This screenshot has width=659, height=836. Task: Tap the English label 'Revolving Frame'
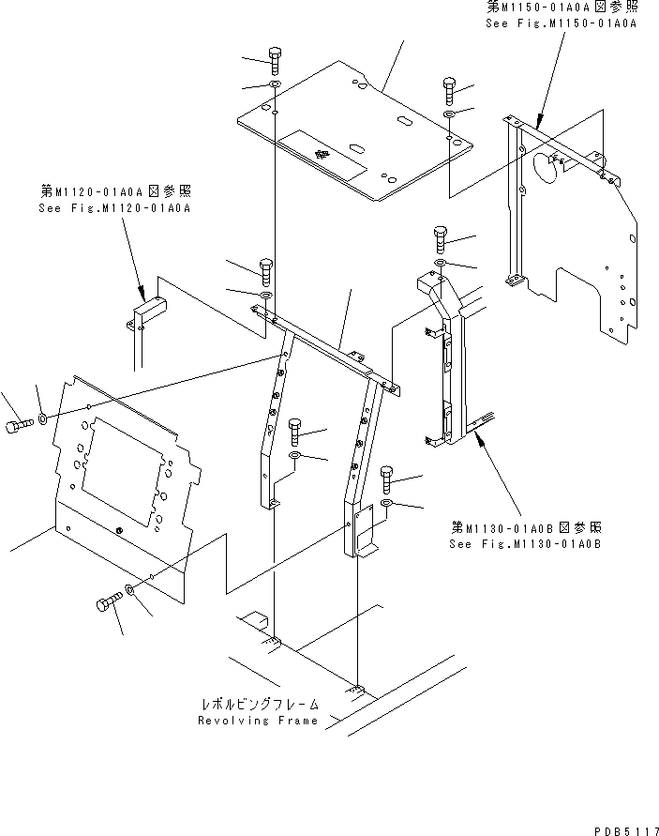[x=259, y=721]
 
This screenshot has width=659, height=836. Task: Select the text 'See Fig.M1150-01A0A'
[x=561, y=23]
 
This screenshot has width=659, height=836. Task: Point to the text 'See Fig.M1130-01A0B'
[x=525, y=543]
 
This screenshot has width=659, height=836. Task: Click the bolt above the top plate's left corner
[x=274, y=60]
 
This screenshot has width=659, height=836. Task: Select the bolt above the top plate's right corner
[x=448, y=92]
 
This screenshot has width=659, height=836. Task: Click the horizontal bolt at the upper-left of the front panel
[x=20, y=428]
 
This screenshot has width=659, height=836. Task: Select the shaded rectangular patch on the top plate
[x=323, y=153]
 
